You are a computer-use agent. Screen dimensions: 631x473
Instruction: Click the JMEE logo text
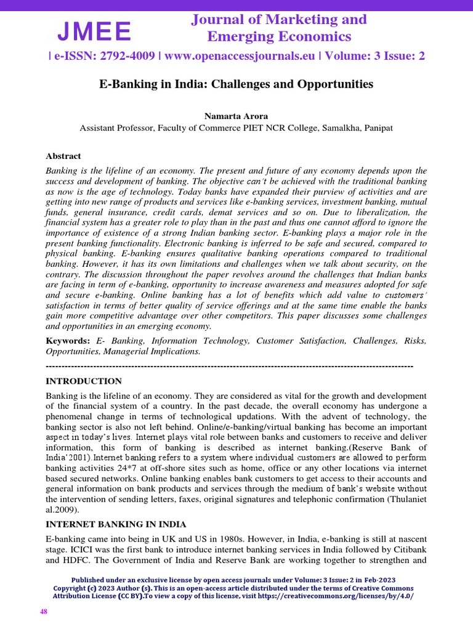(94, 31)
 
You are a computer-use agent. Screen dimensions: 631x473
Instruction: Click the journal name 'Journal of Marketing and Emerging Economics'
(278, 28)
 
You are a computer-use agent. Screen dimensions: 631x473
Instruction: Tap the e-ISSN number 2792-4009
(127, 56)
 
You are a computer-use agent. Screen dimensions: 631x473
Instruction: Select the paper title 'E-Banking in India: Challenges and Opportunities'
(236, 83)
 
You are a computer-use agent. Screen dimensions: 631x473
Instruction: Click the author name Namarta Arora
(236, 116)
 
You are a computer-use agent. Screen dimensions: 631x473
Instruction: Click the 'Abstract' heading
(63, 156)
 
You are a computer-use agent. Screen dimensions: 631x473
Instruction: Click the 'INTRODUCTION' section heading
(84, 381)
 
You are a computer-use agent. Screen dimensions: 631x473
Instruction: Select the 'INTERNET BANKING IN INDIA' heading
(116, 524)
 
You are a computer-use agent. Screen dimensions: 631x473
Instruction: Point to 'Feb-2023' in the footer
(377, 580)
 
